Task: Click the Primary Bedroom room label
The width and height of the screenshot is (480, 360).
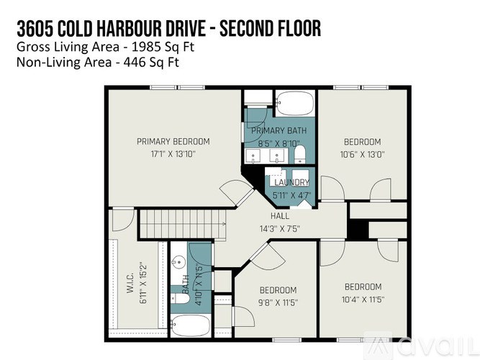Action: [173, 141]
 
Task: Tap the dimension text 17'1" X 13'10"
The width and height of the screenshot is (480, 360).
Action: [173, 153]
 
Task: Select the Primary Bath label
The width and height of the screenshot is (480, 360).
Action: [279, 130]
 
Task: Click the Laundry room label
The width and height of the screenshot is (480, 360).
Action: [291, 183]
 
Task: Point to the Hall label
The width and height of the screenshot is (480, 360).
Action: [280, 216]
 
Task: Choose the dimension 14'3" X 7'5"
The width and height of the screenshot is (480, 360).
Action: [280, 228]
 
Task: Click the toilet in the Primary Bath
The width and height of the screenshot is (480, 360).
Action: [300, 154]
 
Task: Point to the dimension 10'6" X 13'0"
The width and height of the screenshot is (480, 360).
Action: [362, 153]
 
